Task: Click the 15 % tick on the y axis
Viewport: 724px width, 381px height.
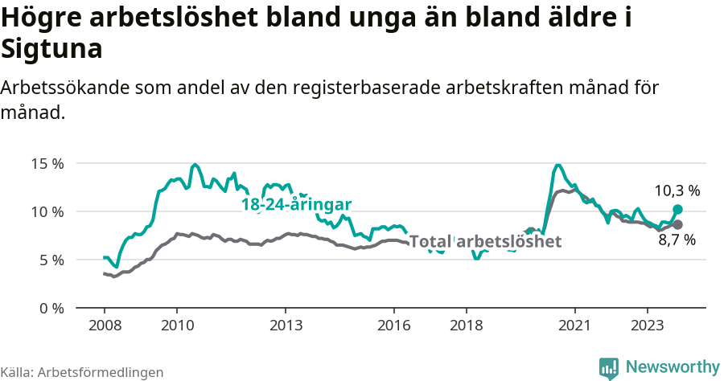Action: point(47,164)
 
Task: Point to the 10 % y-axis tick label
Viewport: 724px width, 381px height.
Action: point(47,212)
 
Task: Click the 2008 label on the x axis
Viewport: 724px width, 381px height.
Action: point(105,326)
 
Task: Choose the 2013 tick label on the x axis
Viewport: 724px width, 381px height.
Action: point(286,326)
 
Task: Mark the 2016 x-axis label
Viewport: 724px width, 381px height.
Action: point(394,326)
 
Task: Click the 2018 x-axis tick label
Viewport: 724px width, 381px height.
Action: point(467,326)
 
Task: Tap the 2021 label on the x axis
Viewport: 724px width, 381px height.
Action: point(575,326)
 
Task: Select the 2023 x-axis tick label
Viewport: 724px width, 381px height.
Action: point(648,326)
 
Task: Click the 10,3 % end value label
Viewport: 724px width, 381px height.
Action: point(677,191)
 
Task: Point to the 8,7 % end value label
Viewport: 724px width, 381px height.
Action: point(677,240)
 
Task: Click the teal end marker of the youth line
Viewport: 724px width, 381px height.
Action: point(677,209)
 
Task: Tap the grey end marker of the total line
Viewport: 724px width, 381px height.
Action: point(677,224)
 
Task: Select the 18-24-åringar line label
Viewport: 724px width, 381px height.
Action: point(296,204)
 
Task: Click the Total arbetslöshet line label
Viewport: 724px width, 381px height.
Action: point(485,241)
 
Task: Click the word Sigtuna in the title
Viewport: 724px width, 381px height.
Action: point(51,50)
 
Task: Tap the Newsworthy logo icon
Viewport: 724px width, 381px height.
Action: point(609,367)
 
